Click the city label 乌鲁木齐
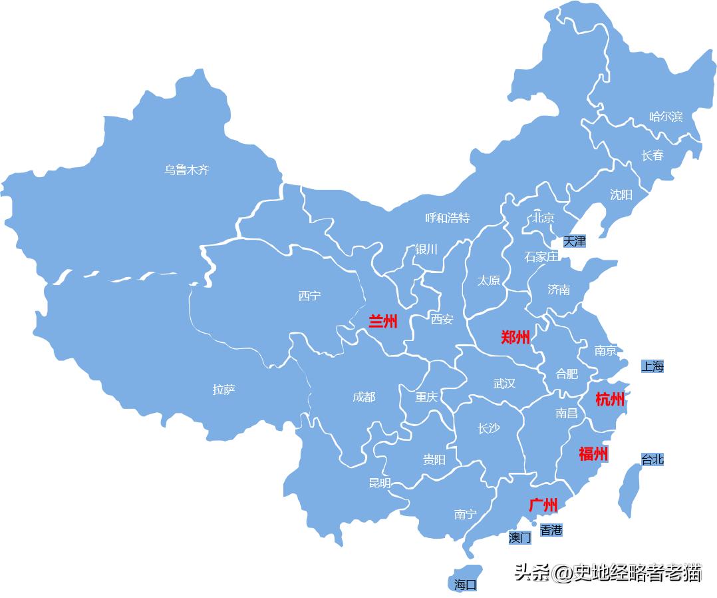pyautogui.click(x=187, y=170)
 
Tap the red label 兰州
pyautogui.click(x=383, y=322)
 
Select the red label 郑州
pyautogui.click(x=515, y=338)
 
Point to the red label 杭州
pyautogui.click(x=610, y=400)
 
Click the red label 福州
pyautogui.click(x=593, y=454)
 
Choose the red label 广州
pyautogui.click(x=543, y=505)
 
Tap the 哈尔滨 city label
pyautogui.click(x=666, y=117)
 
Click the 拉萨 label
pyautogui.click(x=223, y=390)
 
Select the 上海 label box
pyautogui.click(x=652, y=366)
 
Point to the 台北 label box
pyautogui.click(x=652, y=459)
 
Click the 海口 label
pyautogui.click(x=466, y=585)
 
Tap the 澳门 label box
pyautogui.click(x=520, y=537)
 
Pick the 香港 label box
pyautogui.click(x=551, y=530)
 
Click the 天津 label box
pyautogui.click(x=575, y=241)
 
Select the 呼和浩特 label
pyautogui.click(x=448, y=218)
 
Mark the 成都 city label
pyautogui.click(x=364, y=397)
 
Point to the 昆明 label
pyautogui.click(x=380, y=483)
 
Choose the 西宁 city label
pyautogui.click(x=309, y=296)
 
